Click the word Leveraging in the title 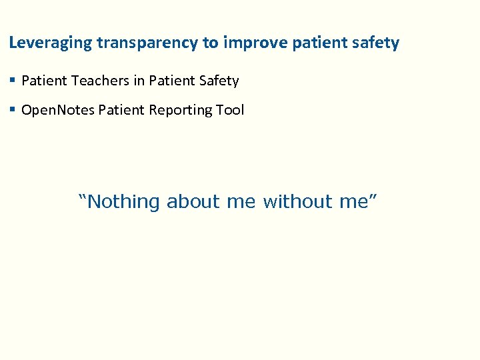coord(51,43)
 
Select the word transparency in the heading coord(147,43)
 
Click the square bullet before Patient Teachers coord(13,81)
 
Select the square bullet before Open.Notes coord(13,110)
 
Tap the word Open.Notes coord(58,110)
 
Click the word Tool coord(230,110)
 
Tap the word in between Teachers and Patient coord(138,81)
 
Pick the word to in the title coord(211,43)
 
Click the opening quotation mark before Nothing coord(83,198)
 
